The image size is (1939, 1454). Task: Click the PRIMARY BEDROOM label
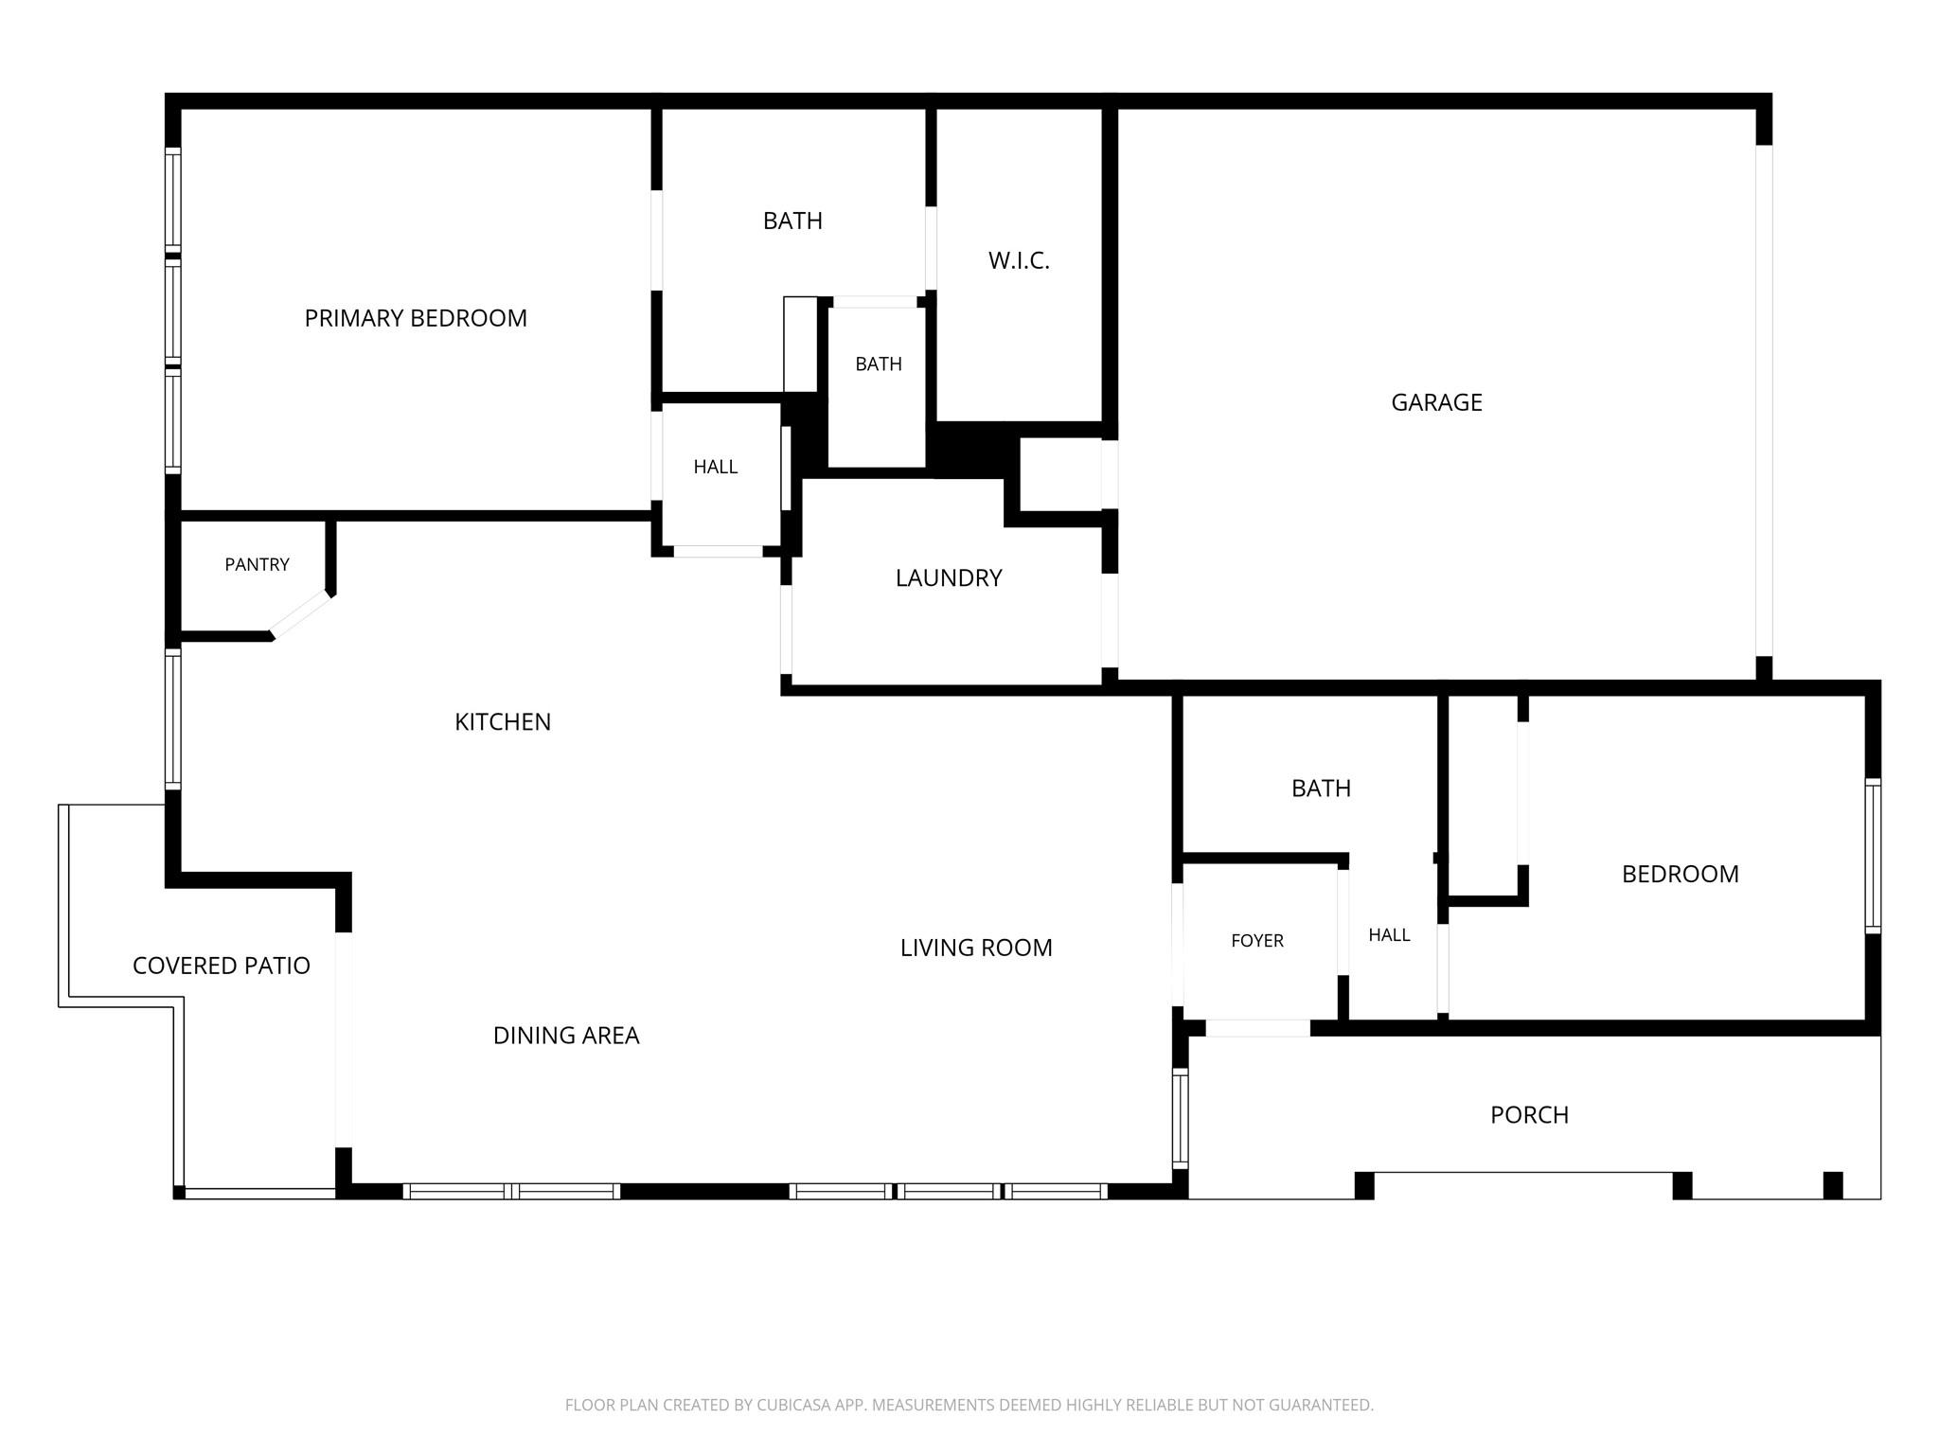[x=416, y=318]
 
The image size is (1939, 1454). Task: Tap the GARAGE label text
[x=1436, y=402]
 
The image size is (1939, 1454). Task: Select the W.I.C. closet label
[x=1019, y=261]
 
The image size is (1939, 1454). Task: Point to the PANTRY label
[x=257, y=565]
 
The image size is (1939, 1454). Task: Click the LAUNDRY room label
[x=949, y=578]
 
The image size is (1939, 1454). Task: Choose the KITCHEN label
[x=503, y=722]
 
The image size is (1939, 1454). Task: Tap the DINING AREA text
[x=566, y=1036]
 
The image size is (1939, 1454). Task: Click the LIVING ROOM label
[x=976, y=948]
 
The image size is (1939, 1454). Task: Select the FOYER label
[x=1257, y=941]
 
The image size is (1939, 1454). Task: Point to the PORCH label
[x=1529, y=1115]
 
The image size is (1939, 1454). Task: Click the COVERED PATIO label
[x=222, y=966]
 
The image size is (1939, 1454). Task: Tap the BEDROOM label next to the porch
[x=1681, y=874]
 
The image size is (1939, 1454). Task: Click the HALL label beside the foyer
[x=1389, y=935]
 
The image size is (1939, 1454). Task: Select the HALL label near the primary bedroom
[x=715, y=467]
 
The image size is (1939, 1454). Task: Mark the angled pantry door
[x=301, y=615]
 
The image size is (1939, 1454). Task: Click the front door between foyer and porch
[x=1257, y=1028]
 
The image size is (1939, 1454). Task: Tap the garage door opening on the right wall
[x=1764, y=400]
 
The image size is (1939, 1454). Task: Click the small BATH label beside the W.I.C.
[x=879, y=364]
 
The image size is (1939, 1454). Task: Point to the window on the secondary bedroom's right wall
[x=1873, y=856]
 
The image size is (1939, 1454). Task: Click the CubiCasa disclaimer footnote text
[x=969, y=1406]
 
